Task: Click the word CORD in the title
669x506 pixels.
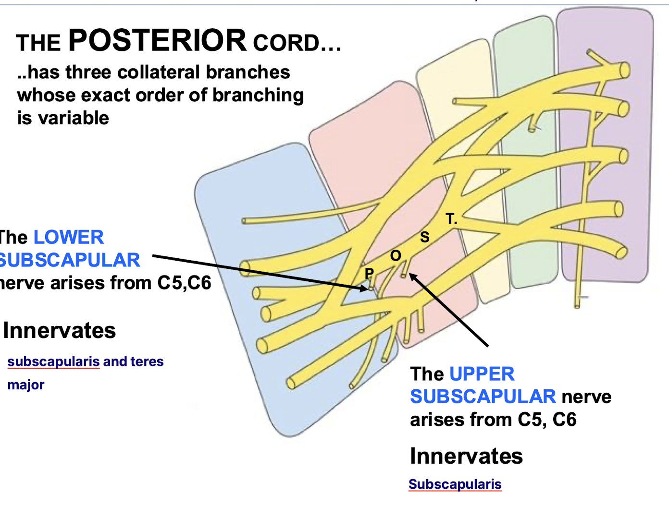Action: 286,43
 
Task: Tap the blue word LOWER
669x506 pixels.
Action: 68,238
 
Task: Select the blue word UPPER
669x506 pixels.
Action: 482,374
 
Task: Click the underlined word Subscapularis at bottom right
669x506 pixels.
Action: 455,484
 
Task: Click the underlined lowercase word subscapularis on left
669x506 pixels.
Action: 53,361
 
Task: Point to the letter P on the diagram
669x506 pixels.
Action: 369,274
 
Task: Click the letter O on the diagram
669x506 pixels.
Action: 396,255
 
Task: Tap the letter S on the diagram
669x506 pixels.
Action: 424,237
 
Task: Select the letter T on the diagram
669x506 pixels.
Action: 450,219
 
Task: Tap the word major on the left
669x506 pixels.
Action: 26,385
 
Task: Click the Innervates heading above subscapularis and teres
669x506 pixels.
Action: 59,331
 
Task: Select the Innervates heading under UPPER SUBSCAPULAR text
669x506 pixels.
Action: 466,456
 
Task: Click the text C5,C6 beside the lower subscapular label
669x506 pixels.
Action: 184,283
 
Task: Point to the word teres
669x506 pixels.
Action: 146,361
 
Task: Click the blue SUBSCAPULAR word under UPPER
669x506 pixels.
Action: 483,397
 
